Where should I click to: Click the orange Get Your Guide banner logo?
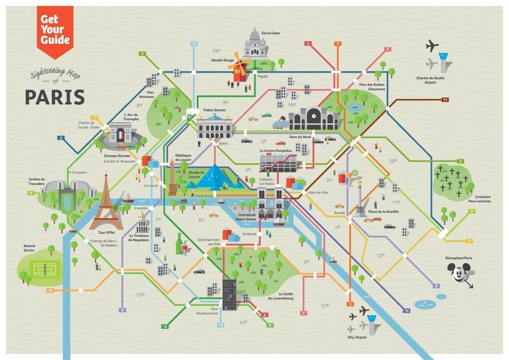point(55,29)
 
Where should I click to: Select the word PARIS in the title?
point(55,97)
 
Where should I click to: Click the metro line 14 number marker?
point(407,311)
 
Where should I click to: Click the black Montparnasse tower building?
point(229,294)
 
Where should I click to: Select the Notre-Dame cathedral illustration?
point(270,203)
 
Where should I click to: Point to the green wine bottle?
point(179,245)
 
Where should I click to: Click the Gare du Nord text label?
point(300,136)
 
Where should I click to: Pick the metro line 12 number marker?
point(164,326)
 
